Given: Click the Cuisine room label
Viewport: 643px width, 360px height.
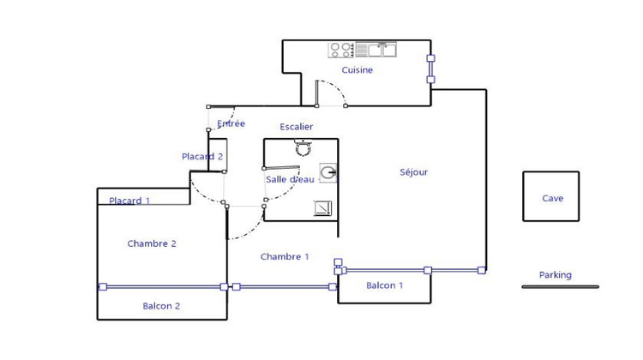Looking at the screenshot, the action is (357, 70).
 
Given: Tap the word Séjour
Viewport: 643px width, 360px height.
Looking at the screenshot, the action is (413, 172).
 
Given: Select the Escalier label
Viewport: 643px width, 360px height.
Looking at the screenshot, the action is (296, 127).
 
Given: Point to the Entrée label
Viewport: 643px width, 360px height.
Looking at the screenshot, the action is (231, 123).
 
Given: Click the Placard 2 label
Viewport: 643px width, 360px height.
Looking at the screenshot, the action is (202, 156).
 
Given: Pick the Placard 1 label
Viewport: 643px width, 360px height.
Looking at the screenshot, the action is (129, 201).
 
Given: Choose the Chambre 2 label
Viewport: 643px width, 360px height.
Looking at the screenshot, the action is (152, 243).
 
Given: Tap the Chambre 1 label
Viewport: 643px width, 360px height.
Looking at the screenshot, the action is (285, 256).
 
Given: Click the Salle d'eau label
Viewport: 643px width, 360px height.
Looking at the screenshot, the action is (288, 178).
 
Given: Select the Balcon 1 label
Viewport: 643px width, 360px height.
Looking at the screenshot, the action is (384, 285).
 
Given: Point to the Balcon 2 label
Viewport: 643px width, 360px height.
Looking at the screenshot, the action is (161, 305).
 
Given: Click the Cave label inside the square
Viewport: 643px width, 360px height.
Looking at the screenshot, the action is (552, 198).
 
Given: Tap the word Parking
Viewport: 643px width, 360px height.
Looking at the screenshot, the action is (555, 275).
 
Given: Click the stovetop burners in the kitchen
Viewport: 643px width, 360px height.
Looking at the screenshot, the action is (341, 50).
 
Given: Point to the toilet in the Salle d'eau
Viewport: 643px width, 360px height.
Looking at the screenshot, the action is (302, 148).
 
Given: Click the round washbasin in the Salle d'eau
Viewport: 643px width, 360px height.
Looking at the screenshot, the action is (328, 174).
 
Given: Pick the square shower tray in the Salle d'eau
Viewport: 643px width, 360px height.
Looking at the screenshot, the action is (323, 208).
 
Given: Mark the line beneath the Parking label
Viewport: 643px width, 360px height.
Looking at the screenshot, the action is (560, 286).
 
